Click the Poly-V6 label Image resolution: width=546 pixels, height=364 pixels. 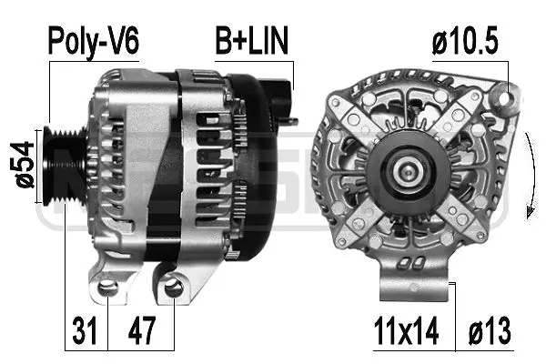pos(94,42)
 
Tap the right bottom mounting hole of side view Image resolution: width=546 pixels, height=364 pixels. pos(174,289)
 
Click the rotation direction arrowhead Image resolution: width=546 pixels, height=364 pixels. pos(526,211)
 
